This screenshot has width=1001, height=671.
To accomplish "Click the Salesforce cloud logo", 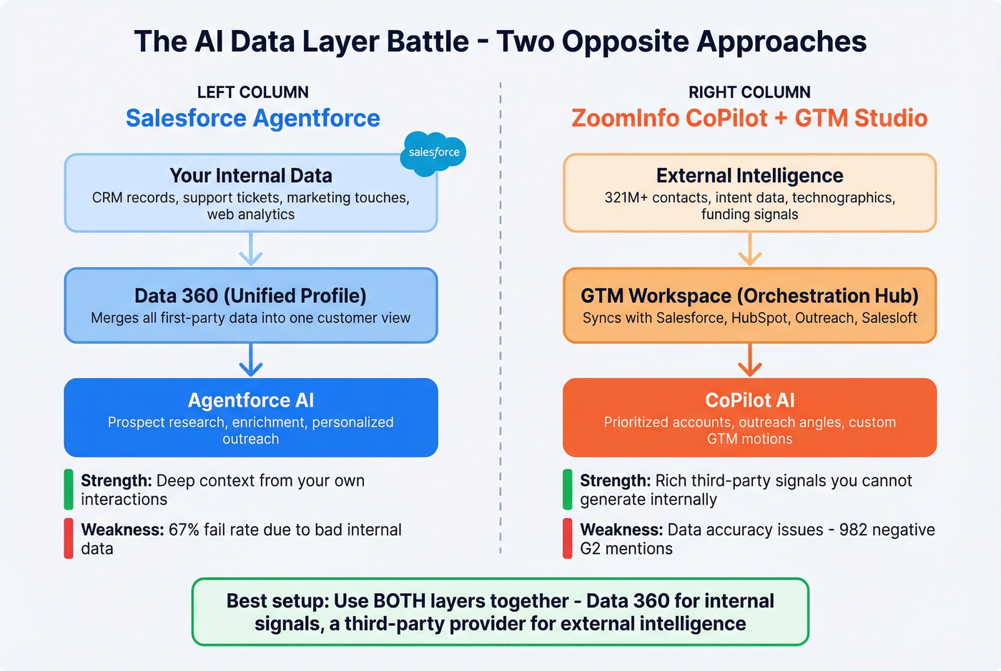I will [x=433, y=152].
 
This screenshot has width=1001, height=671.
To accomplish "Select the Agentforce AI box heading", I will [x=250, y=400].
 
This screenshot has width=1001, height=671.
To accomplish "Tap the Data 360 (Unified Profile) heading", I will [x=250, y=296].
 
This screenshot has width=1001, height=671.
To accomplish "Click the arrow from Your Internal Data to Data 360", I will [x=250, y=249].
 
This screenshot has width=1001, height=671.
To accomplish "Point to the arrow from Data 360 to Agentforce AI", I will [x=250, y=359].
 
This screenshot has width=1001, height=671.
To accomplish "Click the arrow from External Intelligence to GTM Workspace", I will [x=749, y=249].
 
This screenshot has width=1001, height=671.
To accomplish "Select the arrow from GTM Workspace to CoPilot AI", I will [x=749, y=359].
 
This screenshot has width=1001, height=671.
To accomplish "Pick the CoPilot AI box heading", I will [x=749, y=400].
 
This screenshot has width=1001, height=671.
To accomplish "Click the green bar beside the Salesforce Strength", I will [x=69, y=489].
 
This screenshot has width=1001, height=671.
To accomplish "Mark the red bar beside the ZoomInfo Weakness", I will [x=568, y=538].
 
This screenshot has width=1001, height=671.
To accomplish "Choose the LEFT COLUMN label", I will [x=253, y=92].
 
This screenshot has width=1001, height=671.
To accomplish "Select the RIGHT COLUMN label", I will [x=749, y=92].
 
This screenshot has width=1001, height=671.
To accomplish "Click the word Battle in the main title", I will [x=428, y=41].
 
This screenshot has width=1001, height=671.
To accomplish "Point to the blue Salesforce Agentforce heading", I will [x=253, y=118].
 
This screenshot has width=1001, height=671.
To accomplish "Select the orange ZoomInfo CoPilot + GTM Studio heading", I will [x=749, y=118].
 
